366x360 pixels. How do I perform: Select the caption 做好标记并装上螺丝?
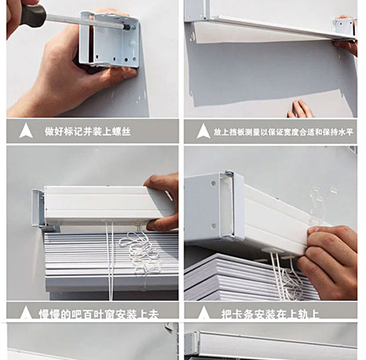point(88,131)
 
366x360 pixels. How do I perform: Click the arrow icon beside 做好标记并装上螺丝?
point(26,131)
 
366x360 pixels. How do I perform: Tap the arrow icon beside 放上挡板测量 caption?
point(203,131)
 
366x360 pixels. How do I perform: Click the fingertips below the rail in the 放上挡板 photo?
point(301,109)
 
